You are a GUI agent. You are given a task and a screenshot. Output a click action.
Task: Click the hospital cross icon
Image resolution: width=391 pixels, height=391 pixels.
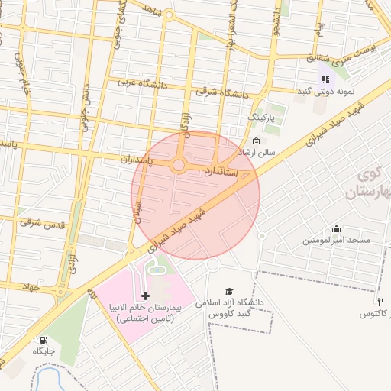click(x=146, y=295)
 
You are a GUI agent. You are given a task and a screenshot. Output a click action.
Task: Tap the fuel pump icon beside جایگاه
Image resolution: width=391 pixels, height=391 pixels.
click(x=44, y=340)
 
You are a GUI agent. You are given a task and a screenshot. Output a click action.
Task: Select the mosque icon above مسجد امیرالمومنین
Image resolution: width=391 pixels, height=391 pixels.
click(x=336, y=228)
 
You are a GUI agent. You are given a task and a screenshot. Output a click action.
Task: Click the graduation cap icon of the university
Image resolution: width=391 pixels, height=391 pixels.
click(x=228, y=291)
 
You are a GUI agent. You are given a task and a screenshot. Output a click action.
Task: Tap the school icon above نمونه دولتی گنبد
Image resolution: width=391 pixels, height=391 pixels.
click(x=325, y=79)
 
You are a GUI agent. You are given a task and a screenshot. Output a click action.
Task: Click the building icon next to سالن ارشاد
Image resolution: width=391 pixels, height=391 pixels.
click(x=255, y=141)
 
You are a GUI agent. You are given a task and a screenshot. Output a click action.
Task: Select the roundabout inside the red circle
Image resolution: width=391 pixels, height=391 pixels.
click(x=179, y=165)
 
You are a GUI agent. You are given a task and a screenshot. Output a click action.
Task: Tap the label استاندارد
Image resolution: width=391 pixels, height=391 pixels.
click(x=223, y=175)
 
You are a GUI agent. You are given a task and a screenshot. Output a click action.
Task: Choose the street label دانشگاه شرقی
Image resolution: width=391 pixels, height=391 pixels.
click(x=222, y=93)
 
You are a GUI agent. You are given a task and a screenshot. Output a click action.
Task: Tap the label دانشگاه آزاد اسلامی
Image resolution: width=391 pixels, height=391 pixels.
click(x=229, y=303)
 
